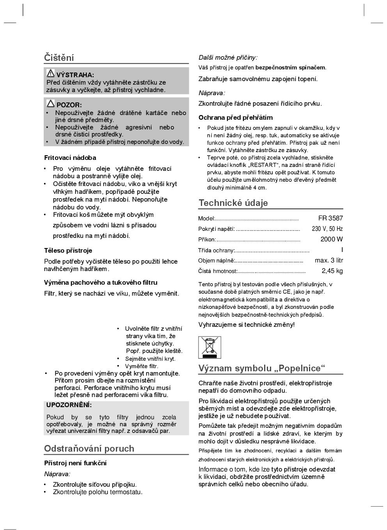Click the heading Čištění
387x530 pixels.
click(x=59, y=58)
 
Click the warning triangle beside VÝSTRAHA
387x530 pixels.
click(x=51, y=73)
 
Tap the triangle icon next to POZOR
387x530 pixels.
click(x=51, y=104)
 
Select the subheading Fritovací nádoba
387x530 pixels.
click(x=70, y=158)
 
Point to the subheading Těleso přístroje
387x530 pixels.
click(x=68, y=250)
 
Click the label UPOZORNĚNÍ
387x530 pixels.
click(x=69, y=405)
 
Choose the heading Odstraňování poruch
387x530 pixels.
click(x=89, y=448)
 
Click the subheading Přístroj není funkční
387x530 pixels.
click(x=75, y=463)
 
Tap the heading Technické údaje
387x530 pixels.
click(x=233, y=203)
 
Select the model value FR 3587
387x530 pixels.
click(x=330, y=218)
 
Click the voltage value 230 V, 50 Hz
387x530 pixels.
click(x=327, y=229)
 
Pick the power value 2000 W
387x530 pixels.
click(x=332, y=239)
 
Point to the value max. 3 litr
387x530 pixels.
click(x=329, y=261)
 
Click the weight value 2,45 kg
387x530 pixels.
click(x=332, y=271)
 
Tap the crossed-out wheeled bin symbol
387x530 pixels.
click(x=209, y=347)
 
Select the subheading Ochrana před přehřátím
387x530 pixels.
click(x=236, y=118)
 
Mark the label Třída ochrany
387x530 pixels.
click(x=216, y=250)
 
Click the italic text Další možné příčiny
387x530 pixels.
click(x=228, y=58)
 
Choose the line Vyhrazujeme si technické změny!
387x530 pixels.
click(x=247, y=325)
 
